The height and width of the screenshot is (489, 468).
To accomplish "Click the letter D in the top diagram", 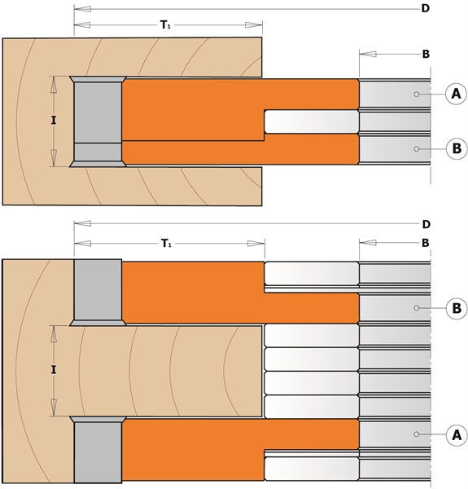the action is pyautogui.click(x=426, y=8).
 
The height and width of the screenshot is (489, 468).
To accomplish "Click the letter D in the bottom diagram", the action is pyautogui.click(x=426, y=224).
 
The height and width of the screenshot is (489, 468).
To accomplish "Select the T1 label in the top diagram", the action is pyautogui.click(x=165, y=24).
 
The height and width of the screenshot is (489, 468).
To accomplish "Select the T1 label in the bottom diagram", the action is pyautogui.click(x=166, y=243).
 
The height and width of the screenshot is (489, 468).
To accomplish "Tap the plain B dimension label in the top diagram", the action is pyautogui.click(x=426, y=54).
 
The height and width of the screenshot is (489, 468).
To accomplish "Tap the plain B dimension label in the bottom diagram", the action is pyautogui.click(x=426, y=243).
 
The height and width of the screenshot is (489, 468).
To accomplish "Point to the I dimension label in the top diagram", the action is pyautogui.click(x=54, y=121).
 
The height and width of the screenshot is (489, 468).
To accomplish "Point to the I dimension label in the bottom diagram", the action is pyautogui.click(x=54, y=370).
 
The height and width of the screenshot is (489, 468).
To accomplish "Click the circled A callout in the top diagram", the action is pyautogui.click(x=456, y=94).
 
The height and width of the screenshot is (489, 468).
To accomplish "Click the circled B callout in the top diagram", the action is pyautogui.click(x=457, y=148).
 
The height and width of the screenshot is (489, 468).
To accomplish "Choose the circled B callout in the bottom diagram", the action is pyautogui.click(x=457, y=308).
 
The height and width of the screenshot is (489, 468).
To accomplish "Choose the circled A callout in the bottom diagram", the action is pyautogui.click(x=457, y=434).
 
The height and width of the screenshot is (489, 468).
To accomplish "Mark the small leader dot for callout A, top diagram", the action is pyautogui.click(x=416, y=94).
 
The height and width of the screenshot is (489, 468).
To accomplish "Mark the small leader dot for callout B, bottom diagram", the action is pyautogui.click(x=416, y=308).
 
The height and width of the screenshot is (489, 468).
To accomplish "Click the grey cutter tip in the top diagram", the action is pyautogui.click(x=98, y=121).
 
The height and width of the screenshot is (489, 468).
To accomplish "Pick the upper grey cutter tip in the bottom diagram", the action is pyautogui.click(x=98, y=293).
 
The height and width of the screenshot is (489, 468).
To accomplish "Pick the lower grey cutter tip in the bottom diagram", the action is pyautogui.click(x=98, y=449).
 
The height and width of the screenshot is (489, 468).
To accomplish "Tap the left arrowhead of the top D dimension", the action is pyautogui.click(x=82, y=9).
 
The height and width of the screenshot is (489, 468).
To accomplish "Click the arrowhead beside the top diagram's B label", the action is pyautogui.click(x=368, y=54).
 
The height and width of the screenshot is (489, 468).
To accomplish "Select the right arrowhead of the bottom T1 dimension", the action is pyautogui.click(x=256, y=244).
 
